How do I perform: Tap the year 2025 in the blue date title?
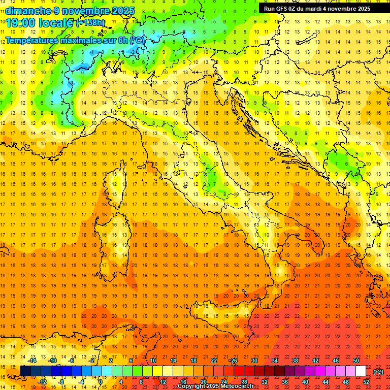(x=122, y=11)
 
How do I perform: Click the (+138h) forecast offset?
(x=90, y=23)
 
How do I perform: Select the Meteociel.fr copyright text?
(x=215, y=386)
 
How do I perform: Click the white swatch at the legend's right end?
(x=361, y=371)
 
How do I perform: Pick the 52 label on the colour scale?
(x=366, y=382)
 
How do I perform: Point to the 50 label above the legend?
(x=356, y=361)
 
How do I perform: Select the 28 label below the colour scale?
(x=244, y=382)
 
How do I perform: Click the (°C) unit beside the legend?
(x=378, y=372)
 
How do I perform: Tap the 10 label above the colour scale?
(x=152, y=361)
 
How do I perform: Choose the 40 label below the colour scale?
(x=305, y=382)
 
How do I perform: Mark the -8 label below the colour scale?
(x=61, y=382)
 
